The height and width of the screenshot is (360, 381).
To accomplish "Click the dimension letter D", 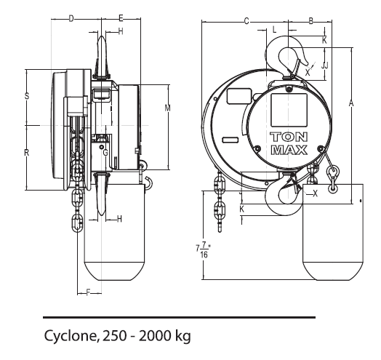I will [x=71, y=17].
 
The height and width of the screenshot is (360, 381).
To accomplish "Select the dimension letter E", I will [x=120, y=17].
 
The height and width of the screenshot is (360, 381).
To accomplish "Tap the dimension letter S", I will [x=27, y=96].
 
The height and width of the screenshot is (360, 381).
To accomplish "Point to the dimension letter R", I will [x=27, y=152].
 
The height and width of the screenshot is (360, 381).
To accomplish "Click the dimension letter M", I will [x=167, y=108].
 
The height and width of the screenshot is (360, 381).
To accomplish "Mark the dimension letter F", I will [x=88, y=292].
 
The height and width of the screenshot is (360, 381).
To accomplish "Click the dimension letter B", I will [x=310, y=21].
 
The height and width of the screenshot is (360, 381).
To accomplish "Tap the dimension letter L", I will [x=274, y=30].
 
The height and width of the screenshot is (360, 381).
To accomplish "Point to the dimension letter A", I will [x=351, y=104].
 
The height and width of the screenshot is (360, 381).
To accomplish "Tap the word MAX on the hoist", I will [x=289, y=150].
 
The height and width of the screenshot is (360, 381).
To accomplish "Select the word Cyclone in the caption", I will [x=68, y=337].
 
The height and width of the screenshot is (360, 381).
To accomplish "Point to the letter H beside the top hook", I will [x=120, y=31].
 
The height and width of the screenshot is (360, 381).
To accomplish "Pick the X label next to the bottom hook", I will [x=314, y=193].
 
